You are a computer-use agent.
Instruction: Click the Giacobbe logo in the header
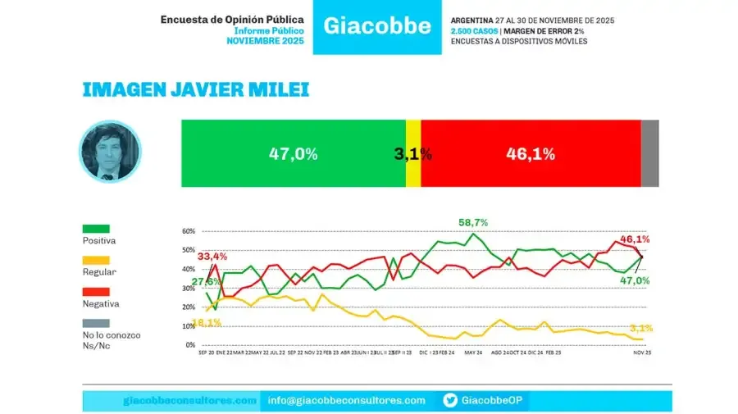point(377,25)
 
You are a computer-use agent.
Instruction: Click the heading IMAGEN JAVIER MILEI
point(196,89)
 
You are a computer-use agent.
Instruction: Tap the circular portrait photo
point(110,152)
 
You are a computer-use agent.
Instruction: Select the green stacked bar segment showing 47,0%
point(293,153)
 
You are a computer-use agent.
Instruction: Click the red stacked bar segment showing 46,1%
point(531,153)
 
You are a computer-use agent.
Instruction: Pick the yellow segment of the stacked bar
point(413,153)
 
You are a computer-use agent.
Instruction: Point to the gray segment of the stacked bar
point(649,153)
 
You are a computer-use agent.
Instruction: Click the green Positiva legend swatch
point(96,229)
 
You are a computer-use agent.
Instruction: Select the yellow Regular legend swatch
point(96,260)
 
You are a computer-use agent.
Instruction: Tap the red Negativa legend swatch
point(96,291)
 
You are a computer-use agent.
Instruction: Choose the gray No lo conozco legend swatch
point(96,323)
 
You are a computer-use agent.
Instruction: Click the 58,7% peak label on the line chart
point(473,222)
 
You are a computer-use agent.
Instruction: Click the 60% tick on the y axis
point(189,231)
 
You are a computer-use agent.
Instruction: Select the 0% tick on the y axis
point(191,345)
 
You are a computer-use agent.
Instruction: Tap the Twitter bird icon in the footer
point(450,400)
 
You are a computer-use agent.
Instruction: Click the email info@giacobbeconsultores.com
point(347,400)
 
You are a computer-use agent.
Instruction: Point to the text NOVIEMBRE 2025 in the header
point(265,41)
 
